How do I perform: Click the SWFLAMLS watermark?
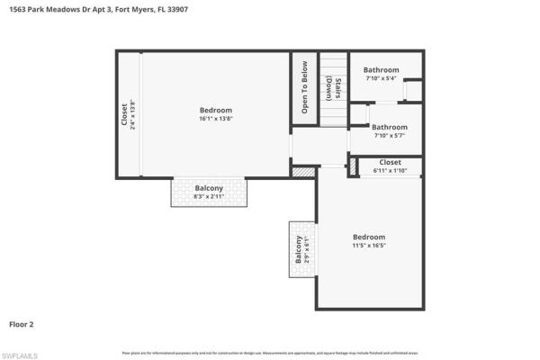pos(20,355)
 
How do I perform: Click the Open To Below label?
pos(304,87)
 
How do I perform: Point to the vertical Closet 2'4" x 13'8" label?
pos(128,114)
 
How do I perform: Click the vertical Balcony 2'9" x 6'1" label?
pos(300,248)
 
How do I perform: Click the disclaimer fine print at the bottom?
pos(270,352)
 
